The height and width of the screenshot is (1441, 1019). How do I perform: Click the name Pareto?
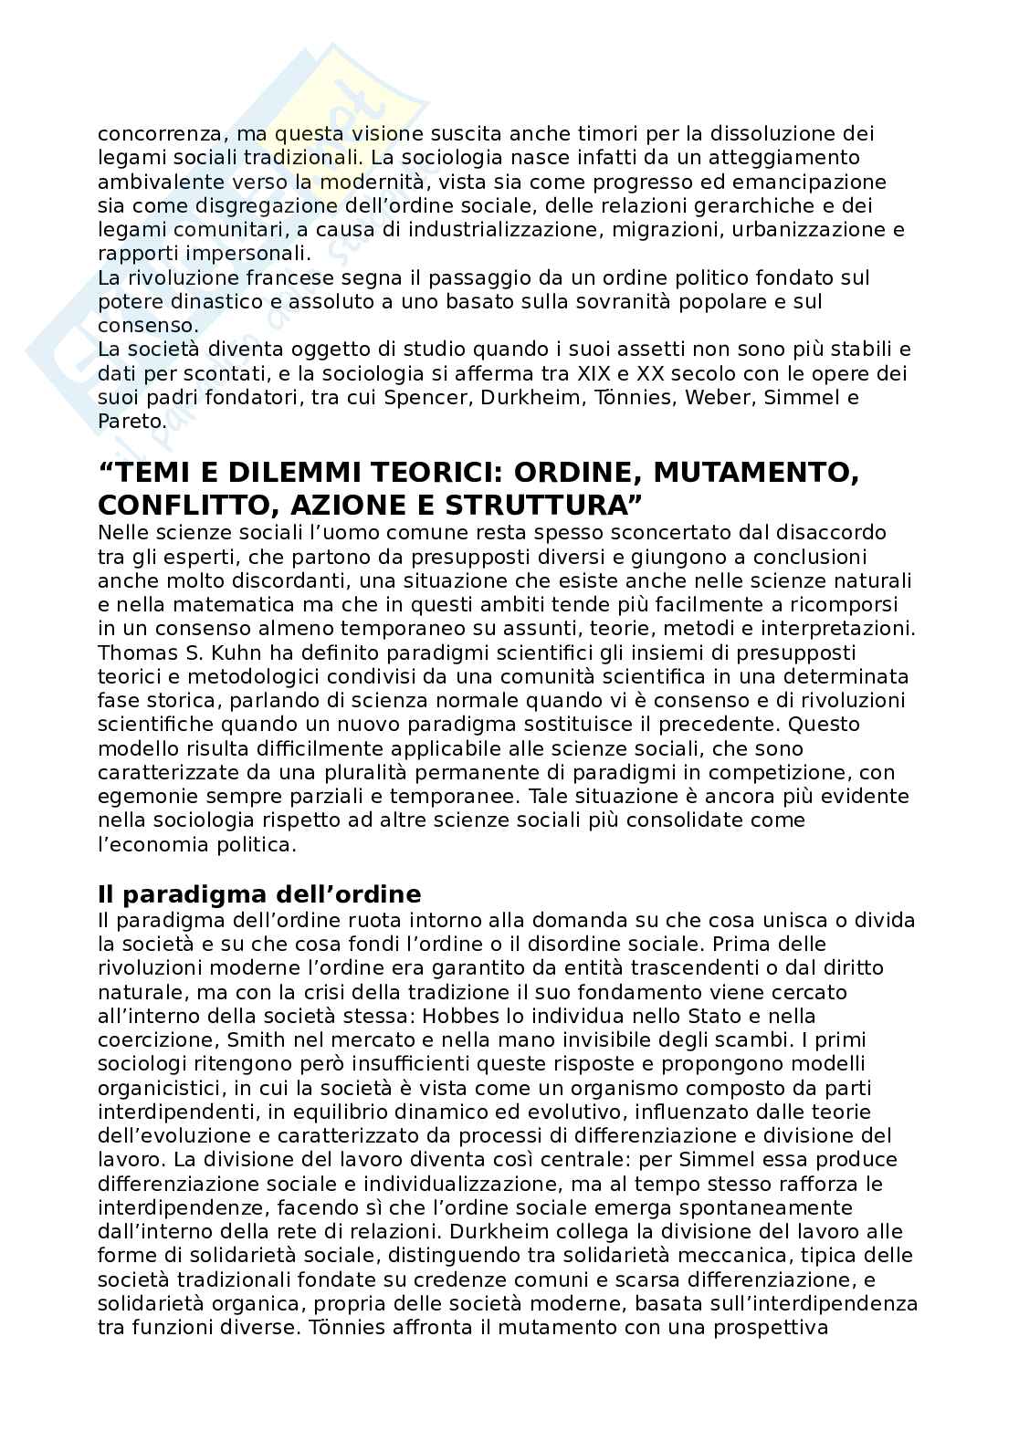(131, 422)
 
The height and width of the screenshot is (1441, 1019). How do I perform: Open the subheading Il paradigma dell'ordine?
(259, 893)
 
